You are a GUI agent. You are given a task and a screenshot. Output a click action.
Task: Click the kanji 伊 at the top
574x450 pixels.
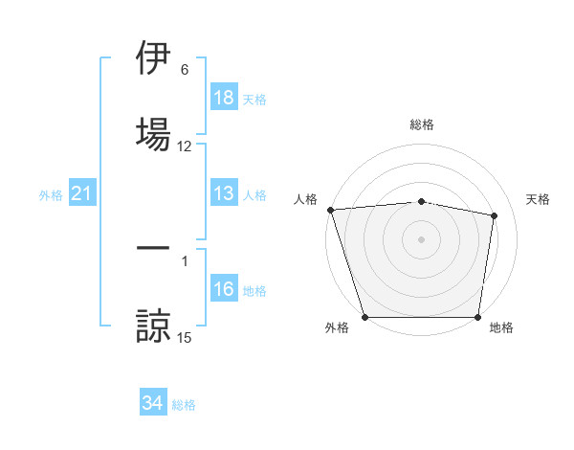point(153,59)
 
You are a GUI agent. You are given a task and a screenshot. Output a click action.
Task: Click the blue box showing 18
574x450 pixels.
point(224,98)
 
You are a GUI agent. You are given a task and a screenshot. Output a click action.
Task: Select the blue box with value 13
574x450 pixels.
point(224,194)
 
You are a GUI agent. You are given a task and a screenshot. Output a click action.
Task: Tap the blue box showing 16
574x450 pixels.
point(224,290)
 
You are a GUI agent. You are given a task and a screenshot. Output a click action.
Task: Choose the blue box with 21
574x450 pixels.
point(82,194)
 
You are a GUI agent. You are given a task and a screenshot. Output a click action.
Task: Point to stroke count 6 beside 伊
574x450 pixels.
point(184,71)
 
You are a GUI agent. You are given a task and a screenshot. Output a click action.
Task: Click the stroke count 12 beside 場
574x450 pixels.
point(184,146)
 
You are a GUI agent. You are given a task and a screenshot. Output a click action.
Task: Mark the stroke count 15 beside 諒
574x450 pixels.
point(184,337)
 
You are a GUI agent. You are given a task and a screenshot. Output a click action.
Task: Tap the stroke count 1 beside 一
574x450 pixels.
point(184,260)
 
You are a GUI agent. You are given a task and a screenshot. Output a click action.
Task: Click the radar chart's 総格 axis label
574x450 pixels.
point(421,124)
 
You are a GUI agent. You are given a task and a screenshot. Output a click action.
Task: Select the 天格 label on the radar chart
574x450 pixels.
point(538,199)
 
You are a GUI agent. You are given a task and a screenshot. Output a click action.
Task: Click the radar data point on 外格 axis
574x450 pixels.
point(364,317)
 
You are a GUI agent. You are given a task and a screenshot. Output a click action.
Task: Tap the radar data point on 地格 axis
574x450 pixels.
point(477,317)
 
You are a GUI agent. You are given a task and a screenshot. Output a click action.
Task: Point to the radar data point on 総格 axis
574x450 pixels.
point(421,201)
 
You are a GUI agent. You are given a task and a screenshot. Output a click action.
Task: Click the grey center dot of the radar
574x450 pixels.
point(421,238)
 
